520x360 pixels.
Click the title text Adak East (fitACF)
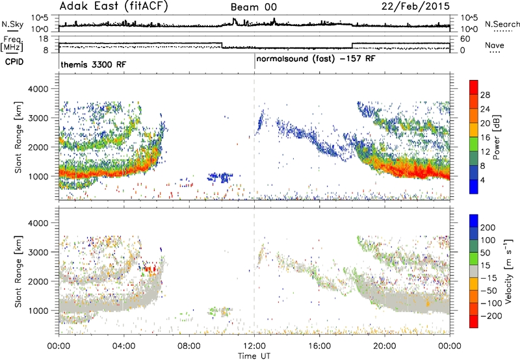coord(114,6)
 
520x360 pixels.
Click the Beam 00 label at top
coord(253,7)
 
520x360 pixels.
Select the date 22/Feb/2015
coord(415,6)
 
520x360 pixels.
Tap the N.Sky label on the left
coord(12,24)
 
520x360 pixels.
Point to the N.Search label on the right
coord(502,24)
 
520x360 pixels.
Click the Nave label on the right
coord(495,45)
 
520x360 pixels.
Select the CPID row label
coord(14,62)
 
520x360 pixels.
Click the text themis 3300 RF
coord(94,64)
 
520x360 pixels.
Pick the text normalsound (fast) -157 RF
coord(316,59)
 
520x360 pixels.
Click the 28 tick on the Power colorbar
coord(485,95)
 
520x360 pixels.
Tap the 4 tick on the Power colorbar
coord(482,180)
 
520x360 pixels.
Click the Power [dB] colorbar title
coord(496,137)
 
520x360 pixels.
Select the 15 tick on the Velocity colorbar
coord(485,266)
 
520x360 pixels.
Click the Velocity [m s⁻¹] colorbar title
coord(508,272)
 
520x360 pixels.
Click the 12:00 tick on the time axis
coord(254,346)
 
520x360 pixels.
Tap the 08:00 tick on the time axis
coord(189,346)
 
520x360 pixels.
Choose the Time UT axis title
coord(254,356)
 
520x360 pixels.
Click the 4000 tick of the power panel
coord(38,89)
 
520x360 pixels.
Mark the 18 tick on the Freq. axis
coord(44,39)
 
